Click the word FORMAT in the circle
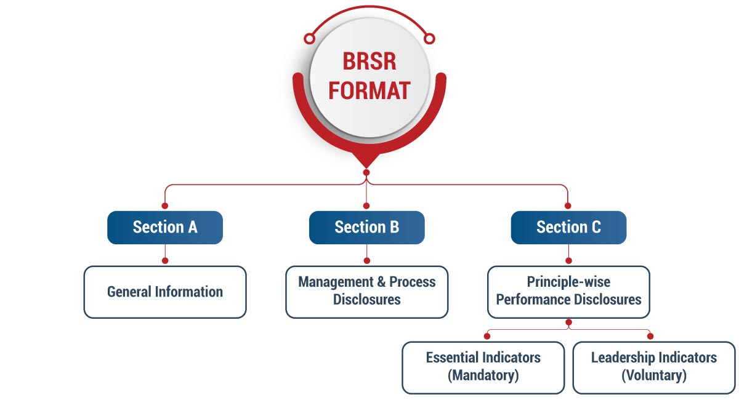pos(369,90)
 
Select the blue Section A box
pos(165,227)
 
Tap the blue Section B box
pos(366,227)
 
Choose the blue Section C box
pos(568,227)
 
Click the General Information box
pos(165,292)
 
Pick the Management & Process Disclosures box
pos(366,292)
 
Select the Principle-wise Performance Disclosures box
pos(568,292)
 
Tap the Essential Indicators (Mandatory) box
pos(483,367)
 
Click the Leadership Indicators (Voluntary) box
pos(653,367)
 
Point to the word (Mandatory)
pos(483,375)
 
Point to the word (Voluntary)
pos(653,375)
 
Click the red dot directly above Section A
pos(164,206)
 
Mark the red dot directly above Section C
pos(568,206)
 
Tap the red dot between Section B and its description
pos(366,260)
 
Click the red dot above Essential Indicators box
pos(487,336)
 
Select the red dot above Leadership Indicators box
pos(650,336)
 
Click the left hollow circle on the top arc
pos(310,39)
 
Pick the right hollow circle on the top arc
pos(429,39)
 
